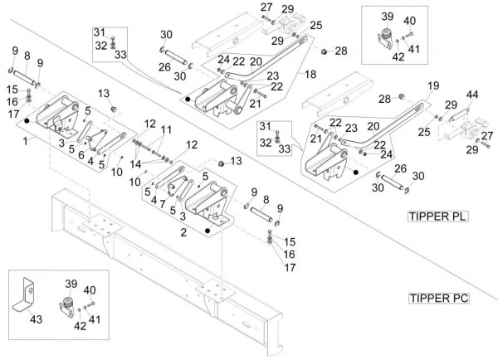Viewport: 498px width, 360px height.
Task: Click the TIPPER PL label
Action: tap(437, 216)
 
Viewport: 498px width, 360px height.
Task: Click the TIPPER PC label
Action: tap(437, 297)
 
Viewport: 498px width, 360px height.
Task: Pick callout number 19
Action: tap(432, 85)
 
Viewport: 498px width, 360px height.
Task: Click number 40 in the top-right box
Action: tap(410, 21)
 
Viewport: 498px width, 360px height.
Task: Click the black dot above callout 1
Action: tap(27, 121)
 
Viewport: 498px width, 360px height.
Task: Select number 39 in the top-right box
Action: tap(385, 17)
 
